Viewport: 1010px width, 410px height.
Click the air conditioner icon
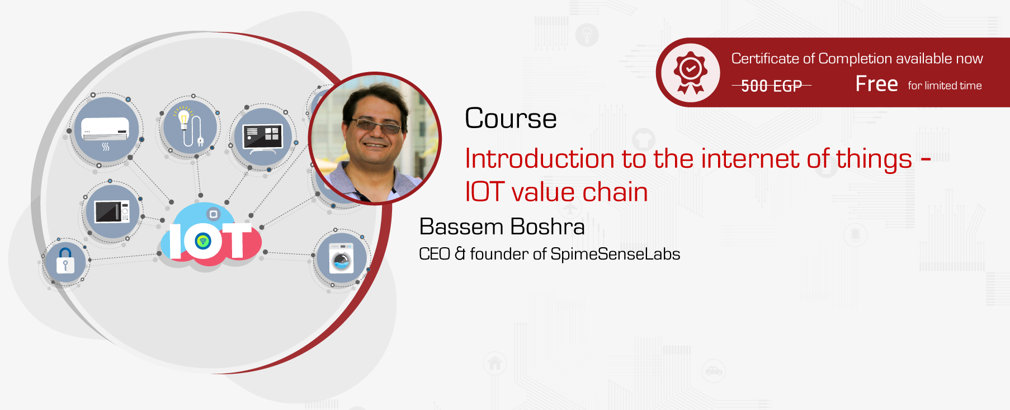(x=105, y=132)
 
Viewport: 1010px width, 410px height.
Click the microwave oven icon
(x=112, y=212)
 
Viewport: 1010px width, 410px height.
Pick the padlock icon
(x=65, y=260)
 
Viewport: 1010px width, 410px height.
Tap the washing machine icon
(x=341, y=258)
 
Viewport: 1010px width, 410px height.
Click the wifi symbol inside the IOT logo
(x=202, y=241)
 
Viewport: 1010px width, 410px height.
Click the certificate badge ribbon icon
(x=691, y=73)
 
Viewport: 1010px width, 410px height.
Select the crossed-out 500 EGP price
(x=772, y=86)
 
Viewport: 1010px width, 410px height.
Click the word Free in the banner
(x=876, y=84)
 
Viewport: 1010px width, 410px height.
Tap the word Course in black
(x=511, y=119)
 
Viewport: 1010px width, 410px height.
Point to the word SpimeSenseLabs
(x=615, y=254)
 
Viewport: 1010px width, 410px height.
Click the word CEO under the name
(x=435, y=254)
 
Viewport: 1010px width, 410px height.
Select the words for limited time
(x=945, y=86)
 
